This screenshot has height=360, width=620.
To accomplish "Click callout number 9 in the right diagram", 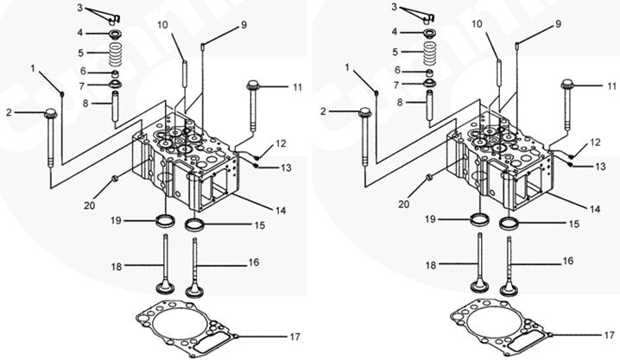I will (x=534, y=23).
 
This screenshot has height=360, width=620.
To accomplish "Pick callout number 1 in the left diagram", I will (x=34, y=66).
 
